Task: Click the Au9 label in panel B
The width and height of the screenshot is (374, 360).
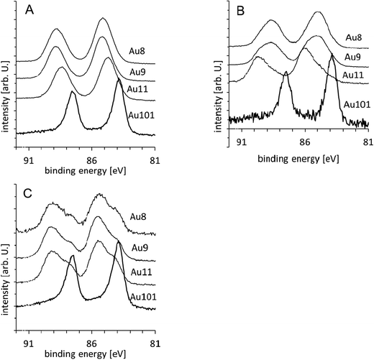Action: [352, 55]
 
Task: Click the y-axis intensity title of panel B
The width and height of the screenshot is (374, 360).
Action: [216, 72]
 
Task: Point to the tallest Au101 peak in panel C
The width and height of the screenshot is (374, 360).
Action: [118, 243]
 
